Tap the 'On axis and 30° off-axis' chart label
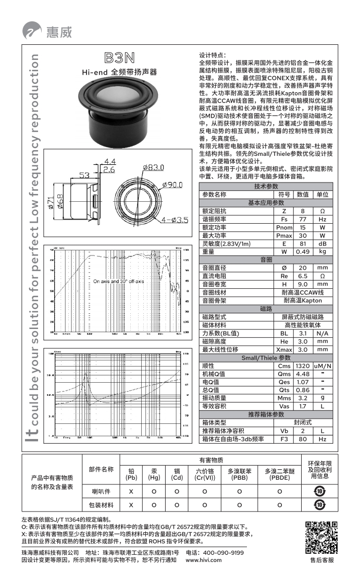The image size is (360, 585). pyautogui.click(x=119, y=282)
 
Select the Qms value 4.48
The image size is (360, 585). pyautogui.click(x=302, y=374)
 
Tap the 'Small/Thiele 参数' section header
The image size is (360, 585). pyautogui.click(x=266, y=358)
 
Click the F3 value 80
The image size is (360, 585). pyautogui.click(x=302, y=439)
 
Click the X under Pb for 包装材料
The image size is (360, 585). pyautogui.click(x=131, y=505)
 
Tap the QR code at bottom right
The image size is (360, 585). pyautogui.click(x=320, y=537)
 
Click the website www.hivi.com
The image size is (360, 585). pyautogui.click(x=204, y=560)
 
